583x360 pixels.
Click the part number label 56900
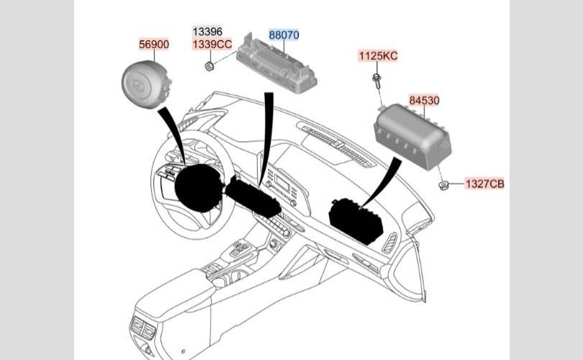pos(154,44)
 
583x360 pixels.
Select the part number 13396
pos(207,32)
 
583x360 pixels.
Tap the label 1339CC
pos(212,44)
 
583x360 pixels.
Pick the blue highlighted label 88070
pos(284,35)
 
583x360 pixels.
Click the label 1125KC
pos(378,55)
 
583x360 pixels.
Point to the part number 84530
pos(424,100)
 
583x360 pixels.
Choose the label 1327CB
pos(485,184)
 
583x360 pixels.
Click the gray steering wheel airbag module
pos(146,84)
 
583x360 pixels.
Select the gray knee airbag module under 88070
pos(276,64)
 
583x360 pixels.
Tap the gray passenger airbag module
pos(412,137)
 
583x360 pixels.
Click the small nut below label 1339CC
pos(209,66)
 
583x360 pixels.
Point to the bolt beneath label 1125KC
pos(376,81)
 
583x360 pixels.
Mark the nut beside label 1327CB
pos(443,185)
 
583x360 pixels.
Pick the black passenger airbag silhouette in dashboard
pos(356,221)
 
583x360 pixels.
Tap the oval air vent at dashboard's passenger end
pos(389,243)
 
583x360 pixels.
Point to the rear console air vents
pos(143,328)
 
